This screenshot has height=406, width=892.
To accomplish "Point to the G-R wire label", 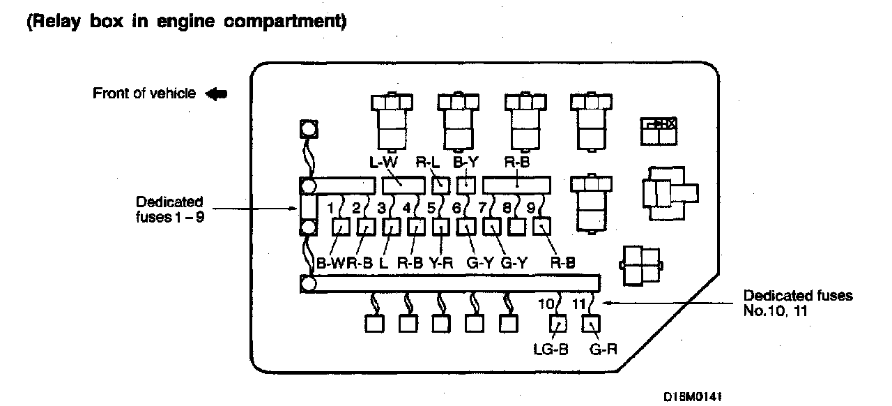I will [x=603, y=349].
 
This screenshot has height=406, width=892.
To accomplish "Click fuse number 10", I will [x=546, y=303].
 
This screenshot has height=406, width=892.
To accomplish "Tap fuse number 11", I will [x=579, y=303].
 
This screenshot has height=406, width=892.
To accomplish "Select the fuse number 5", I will [x=432, y=207].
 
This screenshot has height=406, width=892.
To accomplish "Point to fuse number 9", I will [x=531, y=207].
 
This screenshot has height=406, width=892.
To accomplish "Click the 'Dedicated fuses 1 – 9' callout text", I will [x=169, y=208].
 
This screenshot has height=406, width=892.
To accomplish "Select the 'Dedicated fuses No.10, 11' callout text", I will [x=798, y=302].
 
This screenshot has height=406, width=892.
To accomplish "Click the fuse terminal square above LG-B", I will [x=557, y=324].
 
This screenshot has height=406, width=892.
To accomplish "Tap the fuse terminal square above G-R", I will [x=591, y=324].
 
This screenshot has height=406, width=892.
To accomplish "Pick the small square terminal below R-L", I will [x=441, y=185].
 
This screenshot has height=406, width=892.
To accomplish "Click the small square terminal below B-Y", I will [x=466, y=185].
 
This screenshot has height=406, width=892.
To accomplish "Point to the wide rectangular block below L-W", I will [x=403, y=185].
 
